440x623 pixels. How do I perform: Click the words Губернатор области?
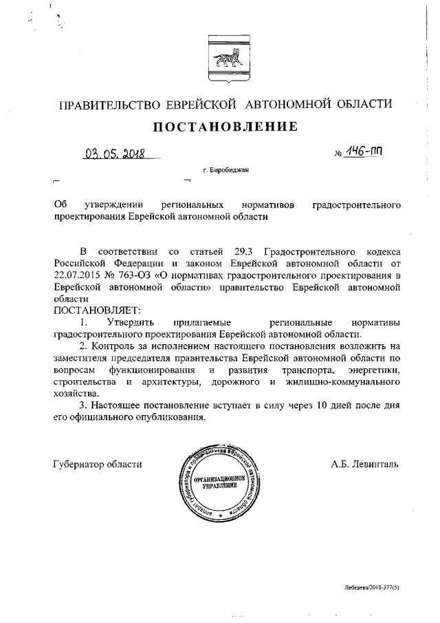pyautogui.click(x=97, y=465)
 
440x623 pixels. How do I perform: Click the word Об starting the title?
pyautogui.click(x=60, y=204)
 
